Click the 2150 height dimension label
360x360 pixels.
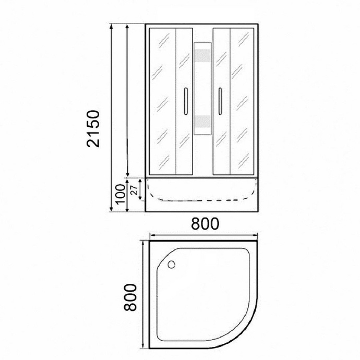[93, 128]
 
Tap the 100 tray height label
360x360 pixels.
[120, 194]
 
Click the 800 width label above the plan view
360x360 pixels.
[205, 224]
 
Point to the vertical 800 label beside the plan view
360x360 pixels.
[130, 297]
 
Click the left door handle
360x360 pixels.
[186, 101]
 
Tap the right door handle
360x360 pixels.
[220, 101]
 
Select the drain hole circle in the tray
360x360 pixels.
[171, 265]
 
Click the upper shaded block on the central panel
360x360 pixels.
[202, 56]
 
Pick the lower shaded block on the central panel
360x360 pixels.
[202, 122]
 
